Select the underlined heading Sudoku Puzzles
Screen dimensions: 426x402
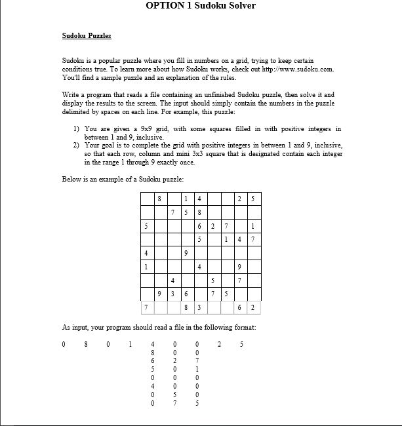coord(87,36)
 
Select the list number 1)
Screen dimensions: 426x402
coord(76,129)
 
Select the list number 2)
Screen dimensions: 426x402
coord(76,145)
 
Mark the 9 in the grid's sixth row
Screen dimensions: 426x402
coord(239,267)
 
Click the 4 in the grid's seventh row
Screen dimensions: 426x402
coord(172,281)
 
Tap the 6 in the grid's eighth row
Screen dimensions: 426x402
coord(186,294)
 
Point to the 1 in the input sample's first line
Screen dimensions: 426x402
coord(131,344)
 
